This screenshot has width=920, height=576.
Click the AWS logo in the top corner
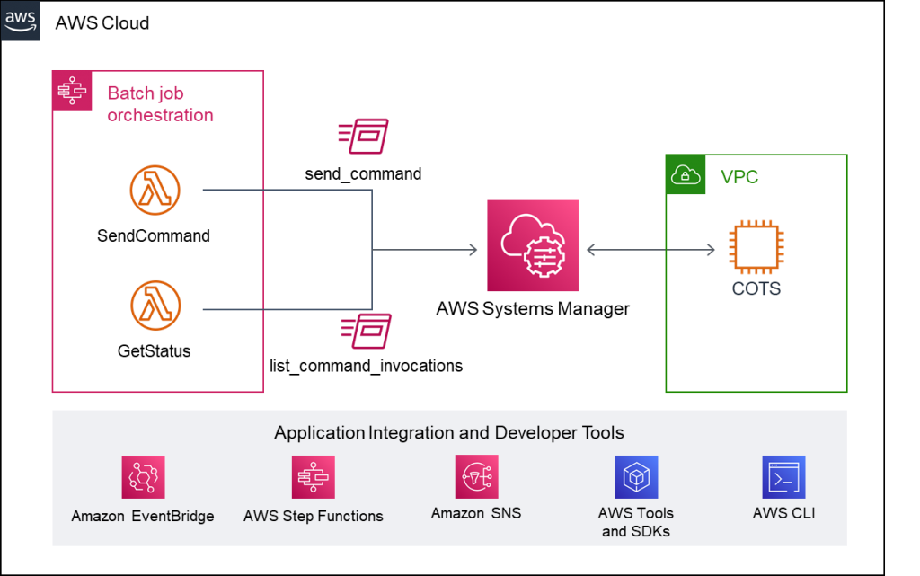[x=21, y=20]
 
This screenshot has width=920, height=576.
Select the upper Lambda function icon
[x=155, y=190]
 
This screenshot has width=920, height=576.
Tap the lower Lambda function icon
[x=155, y=305]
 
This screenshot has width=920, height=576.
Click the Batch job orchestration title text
[x=160, y=104]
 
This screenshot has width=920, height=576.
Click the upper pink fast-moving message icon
[x=363, y=136]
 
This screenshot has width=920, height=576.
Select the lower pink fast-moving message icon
[x=367, y=331]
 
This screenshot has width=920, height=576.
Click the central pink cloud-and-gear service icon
[x=533, y=245]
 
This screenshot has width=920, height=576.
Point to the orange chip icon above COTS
[x=756, y=246]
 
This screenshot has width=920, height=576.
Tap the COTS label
[x=756, y=289]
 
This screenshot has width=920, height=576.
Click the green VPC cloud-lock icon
[x=686, y=175]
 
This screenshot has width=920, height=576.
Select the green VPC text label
[x=739, y=177]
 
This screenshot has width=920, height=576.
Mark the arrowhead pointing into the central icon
[x=473, y=250]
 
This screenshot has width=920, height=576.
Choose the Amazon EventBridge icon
[x=143, y=477]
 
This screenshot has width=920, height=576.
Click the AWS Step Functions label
[x=313, y=516]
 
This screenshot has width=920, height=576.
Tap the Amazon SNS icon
[x=476, y=476]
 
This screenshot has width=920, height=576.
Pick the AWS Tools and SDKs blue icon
[x=636, y=477]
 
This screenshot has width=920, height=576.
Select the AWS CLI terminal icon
[x=783, y=477]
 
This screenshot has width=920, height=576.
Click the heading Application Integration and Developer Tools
[x=448, y=433]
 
